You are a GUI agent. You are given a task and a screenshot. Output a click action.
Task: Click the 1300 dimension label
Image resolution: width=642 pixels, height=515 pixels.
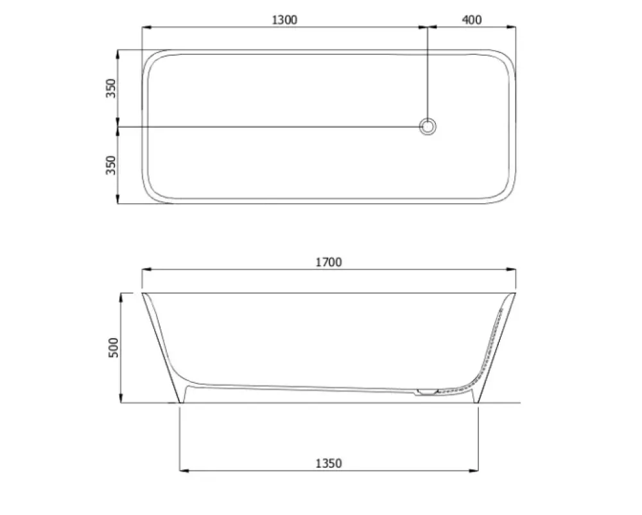coord(284,20)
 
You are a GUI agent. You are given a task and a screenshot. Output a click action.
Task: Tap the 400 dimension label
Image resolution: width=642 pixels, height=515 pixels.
coord(472,20)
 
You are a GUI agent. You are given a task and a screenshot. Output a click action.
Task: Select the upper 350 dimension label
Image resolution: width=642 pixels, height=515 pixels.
coord(111,88)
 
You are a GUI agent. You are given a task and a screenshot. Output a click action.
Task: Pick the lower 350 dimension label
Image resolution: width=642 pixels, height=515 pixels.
coord(111,165)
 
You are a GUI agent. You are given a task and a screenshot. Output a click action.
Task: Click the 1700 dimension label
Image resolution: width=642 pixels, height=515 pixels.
coord(328,262)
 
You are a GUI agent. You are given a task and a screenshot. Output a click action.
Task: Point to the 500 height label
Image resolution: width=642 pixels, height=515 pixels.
coord(114,348)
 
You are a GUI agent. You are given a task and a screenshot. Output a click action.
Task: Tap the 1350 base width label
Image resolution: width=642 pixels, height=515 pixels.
coord(328,464)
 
